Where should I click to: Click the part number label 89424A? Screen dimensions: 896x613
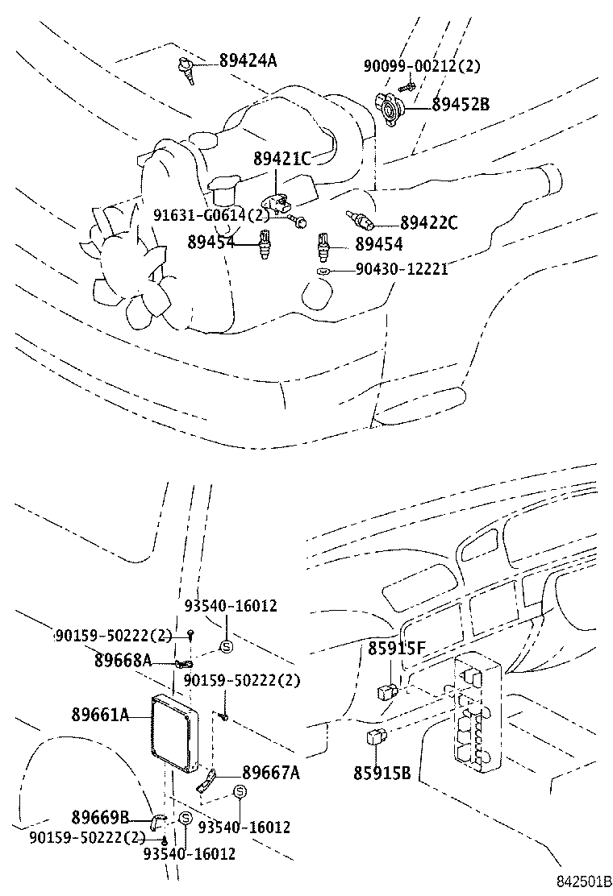tap(248, 60)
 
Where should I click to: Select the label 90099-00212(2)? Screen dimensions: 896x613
tap(428, 65)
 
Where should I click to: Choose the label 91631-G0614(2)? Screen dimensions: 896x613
tap(211, 215)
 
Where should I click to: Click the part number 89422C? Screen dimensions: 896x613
tap(428, 224)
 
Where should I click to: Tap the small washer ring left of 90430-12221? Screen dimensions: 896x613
tap(323, 272)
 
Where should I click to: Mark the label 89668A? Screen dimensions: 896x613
tap(123, 661)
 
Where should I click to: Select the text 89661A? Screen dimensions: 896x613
tap(100, 715)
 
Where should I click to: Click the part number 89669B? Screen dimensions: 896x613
tap(100, 817)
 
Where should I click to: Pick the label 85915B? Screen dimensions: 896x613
tap(382, 774)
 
